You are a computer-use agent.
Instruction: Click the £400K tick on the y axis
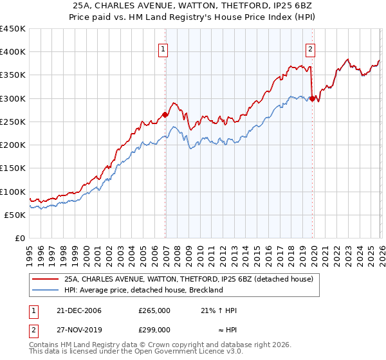click(x=12, y=52)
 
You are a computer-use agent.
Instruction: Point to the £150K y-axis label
click(x=12, y=168)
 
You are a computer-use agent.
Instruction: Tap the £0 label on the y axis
click(x=19, y=239)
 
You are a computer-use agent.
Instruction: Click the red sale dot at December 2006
click(x=165, y=115)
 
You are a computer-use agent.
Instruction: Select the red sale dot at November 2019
click(x=312, y=99)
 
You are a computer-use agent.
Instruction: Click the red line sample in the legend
click(x=46, y=280)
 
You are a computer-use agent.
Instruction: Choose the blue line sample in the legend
click(x=46, y=291)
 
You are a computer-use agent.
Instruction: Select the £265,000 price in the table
click(x=154, y=311)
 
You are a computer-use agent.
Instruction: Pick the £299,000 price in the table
click(x=154, y=330)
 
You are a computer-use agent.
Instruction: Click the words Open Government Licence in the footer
click(x=187, y=353)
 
